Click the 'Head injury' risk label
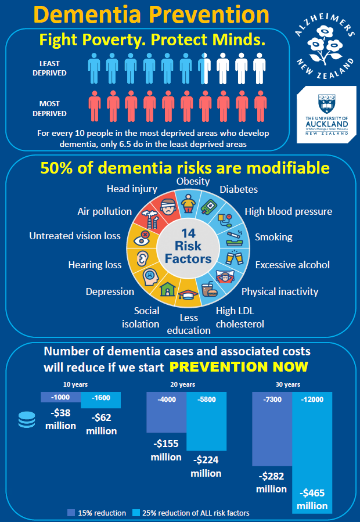click(x=132, y=188)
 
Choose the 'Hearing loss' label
click(x=95, y=265)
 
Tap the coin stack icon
click(x=26, y=420)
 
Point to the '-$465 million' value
click(x=313, y=499)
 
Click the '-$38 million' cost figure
click(x=60, y=420)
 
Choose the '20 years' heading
click(x=183, y=384)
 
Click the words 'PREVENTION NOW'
click(x=239, y=367)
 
